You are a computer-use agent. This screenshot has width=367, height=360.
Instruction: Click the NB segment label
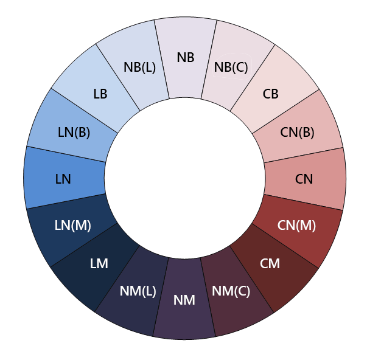[x=186, y=58]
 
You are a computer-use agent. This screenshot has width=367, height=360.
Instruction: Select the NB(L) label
[x=139, y=67]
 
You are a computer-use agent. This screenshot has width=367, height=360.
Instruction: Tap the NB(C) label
[x=231, y=67]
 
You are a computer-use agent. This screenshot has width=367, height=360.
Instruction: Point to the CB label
[x=271, y=94]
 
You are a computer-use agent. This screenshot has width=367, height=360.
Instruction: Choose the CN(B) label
[x=297, y=132]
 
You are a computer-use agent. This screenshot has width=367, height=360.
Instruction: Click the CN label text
[x=304, y=179]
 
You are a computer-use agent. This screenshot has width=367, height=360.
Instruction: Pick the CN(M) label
[x=296, y=225]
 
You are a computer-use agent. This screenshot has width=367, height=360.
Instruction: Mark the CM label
[x=270, y=263]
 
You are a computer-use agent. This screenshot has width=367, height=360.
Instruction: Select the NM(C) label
[x=231, y=291]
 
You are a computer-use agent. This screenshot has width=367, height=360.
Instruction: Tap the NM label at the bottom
[x=184, y=300]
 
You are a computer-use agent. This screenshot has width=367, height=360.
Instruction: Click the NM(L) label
[x=138, y=291]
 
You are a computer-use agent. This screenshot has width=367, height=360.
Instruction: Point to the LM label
[x=99, y=263]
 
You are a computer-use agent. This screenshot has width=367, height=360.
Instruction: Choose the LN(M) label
[x=72, y=225]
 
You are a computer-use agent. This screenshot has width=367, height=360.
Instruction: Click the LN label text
[x=63, y=179]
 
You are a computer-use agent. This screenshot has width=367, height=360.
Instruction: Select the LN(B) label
[x=74, y=132]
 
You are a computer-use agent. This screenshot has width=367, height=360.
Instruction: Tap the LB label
[x=100, y=94]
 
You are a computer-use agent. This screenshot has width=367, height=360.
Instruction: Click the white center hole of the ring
[x=184, y=179]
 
